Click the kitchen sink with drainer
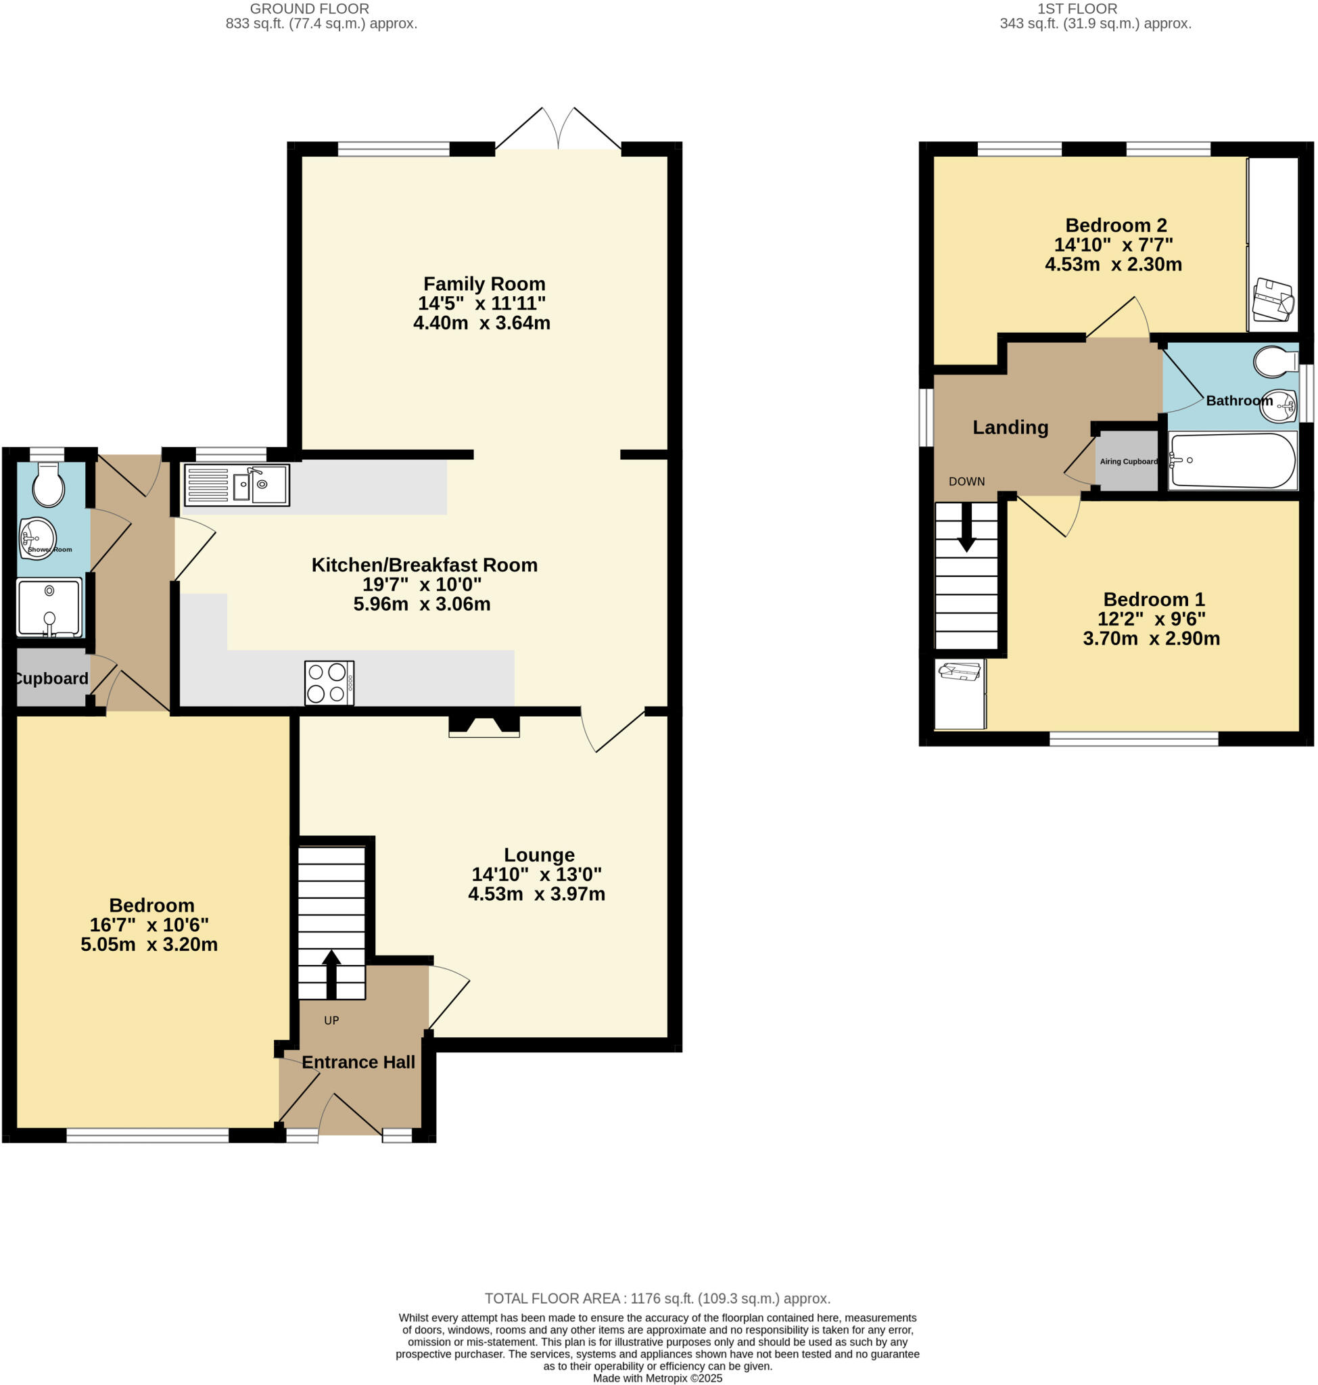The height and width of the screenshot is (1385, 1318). tap(237, 485)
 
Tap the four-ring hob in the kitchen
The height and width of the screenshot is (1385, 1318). tap(329, 682)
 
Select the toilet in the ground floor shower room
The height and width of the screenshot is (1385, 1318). tap(48, 485)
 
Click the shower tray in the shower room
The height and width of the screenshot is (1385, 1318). tap(49, 608)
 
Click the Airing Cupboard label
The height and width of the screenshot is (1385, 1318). tap(1128, 462)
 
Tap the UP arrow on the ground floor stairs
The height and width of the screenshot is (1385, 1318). tap(331, 973)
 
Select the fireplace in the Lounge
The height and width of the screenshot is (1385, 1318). tap(484, 726)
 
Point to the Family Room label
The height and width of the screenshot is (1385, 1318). tap(484, 284)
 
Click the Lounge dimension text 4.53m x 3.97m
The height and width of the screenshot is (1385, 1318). tap(536, 894)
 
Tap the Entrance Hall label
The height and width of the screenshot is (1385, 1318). tap(358, 1062)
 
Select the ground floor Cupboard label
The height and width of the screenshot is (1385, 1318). tap(51, 678)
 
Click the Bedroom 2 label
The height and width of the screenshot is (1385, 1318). tap(1116, 225)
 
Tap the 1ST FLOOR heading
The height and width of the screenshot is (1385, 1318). tap(1077, 8)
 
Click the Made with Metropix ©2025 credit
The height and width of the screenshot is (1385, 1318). tap(657, 1378)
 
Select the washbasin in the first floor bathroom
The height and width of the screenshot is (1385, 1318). tap(1278, 406)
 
